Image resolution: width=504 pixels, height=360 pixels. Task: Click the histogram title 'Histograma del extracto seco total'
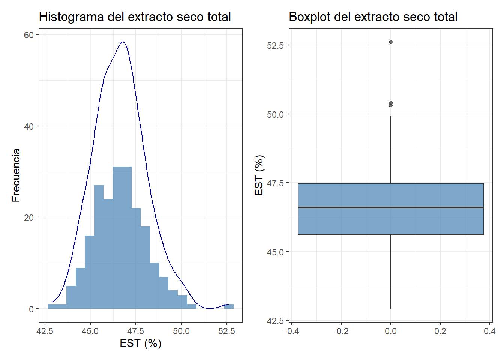(135, 17)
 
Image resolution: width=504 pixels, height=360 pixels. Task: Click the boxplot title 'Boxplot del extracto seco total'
(373, 17)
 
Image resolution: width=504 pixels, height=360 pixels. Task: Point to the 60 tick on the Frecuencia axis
(29, 35)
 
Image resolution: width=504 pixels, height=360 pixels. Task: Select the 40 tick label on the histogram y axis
(29, 126)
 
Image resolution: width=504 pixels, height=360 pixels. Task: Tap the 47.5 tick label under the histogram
(135, 331)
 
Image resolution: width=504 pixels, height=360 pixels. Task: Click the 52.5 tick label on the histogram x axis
(226, 331)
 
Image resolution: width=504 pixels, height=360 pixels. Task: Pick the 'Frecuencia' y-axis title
(16, 175)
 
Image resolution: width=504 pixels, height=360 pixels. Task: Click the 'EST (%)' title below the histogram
(140, 343)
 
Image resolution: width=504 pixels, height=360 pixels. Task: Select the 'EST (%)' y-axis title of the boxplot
(259, 175)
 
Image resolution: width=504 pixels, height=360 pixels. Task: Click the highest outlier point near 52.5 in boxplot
(391, 42)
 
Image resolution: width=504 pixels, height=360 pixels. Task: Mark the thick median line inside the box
(391, 207)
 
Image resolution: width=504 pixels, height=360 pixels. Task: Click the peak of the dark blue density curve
(123, 42)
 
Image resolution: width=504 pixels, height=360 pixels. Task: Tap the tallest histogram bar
(122, 236)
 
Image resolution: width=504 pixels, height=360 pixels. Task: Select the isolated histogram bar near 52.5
(229, 306)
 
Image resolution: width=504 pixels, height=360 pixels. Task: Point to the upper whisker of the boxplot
(391, 150)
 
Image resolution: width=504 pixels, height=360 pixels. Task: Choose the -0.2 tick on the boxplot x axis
(341, 331)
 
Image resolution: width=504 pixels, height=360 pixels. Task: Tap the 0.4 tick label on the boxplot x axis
(489, 331)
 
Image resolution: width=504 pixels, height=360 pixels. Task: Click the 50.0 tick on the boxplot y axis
(275, 114)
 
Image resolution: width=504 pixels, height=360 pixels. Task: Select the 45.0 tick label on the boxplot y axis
(275, 252)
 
